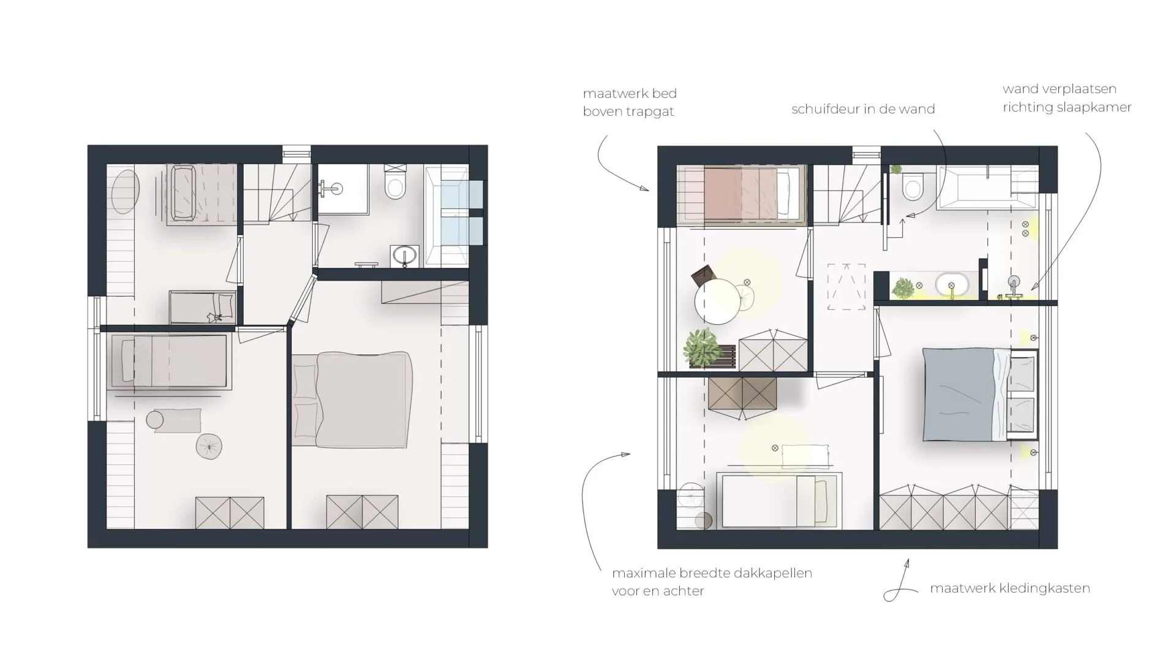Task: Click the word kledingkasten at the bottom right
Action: [1050, 588]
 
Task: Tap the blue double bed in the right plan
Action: [980, 394]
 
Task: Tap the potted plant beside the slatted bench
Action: [702, 346]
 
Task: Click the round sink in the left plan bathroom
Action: [404, 255]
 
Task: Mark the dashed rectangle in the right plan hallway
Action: [846, 287]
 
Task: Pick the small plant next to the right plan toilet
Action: [896, 169]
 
